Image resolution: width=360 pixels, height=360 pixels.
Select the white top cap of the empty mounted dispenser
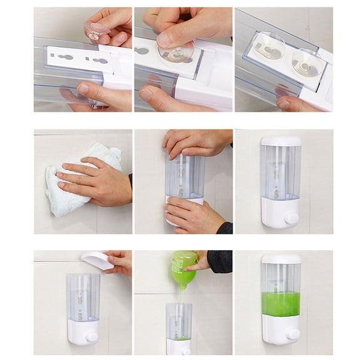pos(281,141)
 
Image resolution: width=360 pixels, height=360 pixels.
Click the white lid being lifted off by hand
pos(97,260)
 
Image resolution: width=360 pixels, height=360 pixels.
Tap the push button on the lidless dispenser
pos(92,337)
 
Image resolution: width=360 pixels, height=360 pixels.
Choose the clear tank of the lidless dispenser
pos(83,296)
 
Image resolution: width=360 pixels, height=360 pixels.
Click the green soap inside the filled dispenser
pos(281,304)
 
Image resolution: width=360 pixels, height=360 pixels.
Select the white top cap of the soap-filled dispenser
pos(281,258)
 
